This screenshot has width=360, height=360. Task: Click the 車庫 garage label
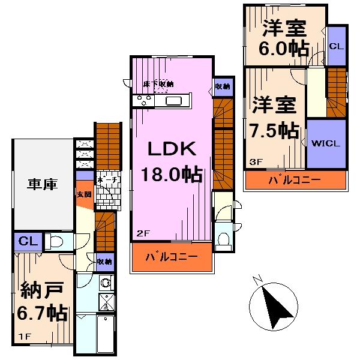[x=41, y=185]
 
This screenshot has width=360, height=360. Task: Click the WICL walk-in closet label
[x=326, y=143]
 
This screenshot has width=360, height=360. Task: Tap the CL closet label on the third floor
[x=337, y=46]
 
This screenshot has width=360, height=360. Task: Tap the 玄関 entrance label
[x=84, y=194]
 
